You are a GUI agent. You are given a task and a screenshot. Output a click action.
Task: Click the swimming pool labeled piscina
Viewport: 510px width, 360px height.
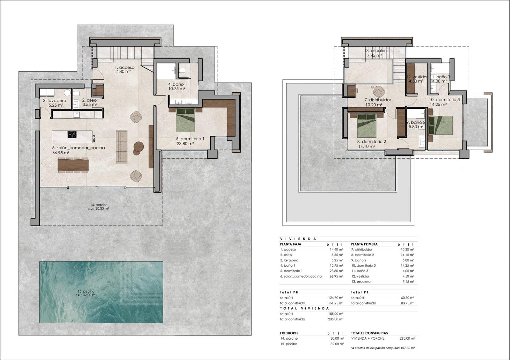click(x=101, y=292)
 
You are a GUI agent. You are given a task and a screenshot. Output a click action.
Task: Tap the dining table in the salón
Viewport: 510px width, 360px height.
click(x=73, y=165)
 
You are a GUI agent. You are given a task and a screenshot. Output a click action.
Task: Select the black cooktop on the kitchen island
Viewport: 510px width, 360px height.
click(x=72, y=134)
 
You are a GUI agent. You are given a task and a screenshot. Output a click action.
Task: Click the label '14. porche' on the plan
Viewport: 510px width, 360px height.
click(x=99, y=205)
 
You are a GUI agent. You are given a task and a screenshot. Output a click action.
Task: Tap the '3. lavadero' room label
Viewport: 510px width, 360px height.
click(x=55, y=101)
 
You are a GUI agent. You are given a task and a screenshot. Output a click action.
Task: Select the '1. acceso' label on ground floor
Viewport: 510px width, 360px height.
click(x=125, y=68)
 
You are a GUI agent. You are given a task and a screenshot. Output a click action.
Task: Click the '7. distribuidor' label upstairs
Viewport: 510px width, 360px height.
click(x=378, y=100)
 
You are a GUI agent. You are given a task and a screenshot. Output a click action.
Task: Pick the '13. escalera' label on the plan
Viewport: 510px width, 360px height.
click(x=376, y=51)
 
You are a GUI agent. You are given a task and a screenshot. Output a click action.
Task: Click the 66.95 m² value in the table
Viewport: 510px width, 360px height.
click(x=336, y=276)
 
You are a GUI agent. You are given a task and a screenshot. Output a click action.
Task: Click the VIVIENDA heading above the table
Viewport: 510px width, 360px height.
click(x=298, y=239)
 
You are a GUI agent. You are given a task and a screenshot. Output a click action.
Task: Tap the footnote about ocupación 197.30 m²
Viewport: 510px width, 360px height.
click(x=383, y=348)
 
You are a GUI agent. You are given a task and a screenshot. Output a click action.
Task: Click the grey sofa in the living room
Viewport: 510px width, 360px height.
click(x=121, y=146)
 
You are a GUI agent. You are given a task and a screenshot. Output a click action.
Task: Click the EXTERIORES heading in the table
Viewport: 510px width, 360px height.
click(x=289, y=333)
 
